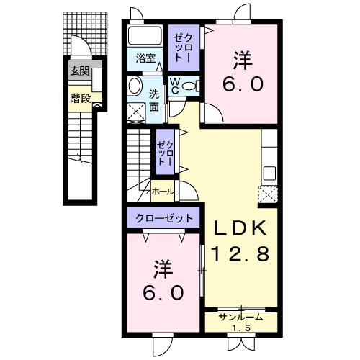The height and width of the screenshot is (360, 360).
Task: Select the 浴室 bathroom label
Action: [146, 58]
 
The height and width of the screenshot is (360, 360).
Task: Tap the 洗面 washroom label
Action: [154, 101]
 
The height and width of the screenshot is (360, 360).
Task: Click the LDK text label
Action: [242, 228]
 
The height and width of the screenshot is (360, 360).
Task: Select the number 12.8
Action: [242, 253]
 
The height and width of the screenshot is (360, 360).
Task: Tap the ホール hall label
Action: [163, 192]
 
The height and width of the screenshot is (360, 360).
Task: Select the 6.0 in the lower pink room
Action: [163, 294]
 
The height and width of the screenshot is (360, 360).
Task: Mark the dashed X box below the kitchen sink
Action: [268, 194]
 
